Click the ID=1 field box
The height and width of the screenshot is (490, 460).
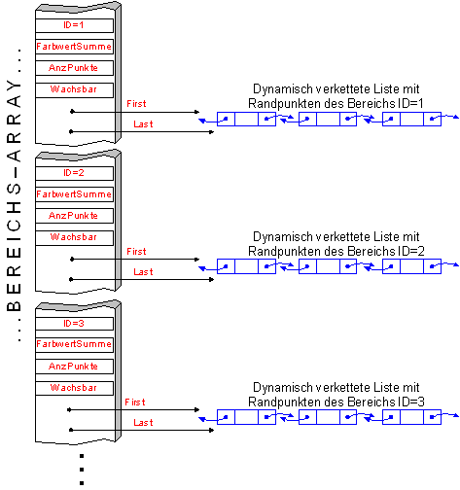(x=74, y=25)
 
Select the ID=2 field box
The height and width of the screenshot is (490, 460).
(x=74, y=173)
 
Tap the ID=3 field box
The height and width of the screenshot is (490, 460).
(x=74, y=324)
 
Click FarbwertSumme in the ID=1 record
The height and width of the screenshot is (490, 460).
(x=74, y=47)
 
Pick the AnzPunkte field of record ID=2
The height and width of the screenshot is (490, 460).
(x=74, y=216)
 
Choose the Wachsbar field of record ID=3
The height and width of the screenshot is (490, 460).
(x=74, y=388)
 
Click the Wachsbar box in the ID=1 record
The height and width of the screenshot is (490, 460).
(x=74, y=89)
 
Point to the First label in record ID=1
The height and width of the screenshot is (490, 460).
(x=136, y=104)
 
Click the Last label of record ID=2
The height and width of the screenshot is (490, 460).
(x=143, y=272)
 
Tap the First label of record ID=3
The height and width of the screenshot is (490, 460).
(x=135, y=402)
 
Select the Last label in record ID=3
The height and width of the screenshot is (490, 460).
(x=143, y=423)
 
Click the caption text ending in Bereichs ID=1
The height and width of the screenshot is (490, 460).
(x=336, y=96)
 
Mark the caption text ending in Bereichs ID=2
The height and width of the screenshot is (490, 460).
(x=336, y=244)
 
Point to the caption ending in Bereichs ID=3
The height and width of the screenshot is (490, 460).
(x=336, y=395)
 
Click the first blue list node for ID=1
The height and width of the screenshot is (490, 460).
(x=246, y=119)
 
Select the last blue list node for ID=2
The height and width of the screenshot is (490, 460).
(x=411, y=266)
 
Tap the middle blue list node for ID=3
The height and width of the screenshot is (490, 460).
(x=328, y=417)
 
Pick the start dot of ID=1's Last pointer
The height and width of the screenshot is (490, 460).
(x=71, y=131)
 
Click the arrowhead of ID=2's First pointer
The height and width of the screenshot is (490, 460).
(x=196, y=260)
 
